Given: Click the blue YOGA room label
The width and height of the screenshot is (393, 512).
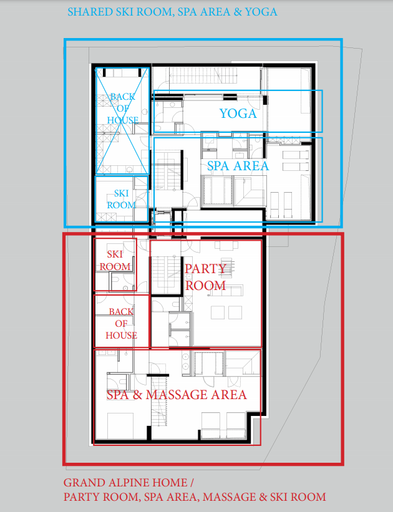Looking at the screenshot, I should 238,114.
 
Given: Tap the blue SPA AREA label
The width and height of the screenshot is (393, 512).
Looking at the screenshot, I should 238,166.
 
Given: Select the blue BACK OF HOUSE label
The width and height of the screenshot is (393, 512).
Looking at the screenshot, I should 122,109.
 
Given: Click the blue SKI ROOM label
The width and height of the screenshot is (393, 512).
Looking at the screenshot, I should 121,199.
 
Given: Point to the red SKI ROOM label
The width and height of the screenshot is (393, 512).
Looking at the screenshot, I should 115,260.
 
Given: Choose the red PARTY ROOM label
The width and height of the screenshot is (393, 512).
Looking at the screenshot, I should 205,277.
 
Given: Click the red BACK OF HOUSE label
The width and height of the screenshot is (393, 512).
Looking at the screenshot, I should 121,323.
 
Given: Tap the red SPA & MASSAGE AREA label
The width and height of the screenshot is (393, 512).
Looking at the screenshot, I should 177,395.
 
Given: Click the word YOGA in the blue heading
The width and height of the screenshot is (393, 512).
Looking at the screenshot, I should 261,12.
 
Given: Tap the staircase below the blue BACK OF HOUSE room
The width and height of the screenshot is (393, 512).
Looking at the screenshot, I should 167,172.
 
